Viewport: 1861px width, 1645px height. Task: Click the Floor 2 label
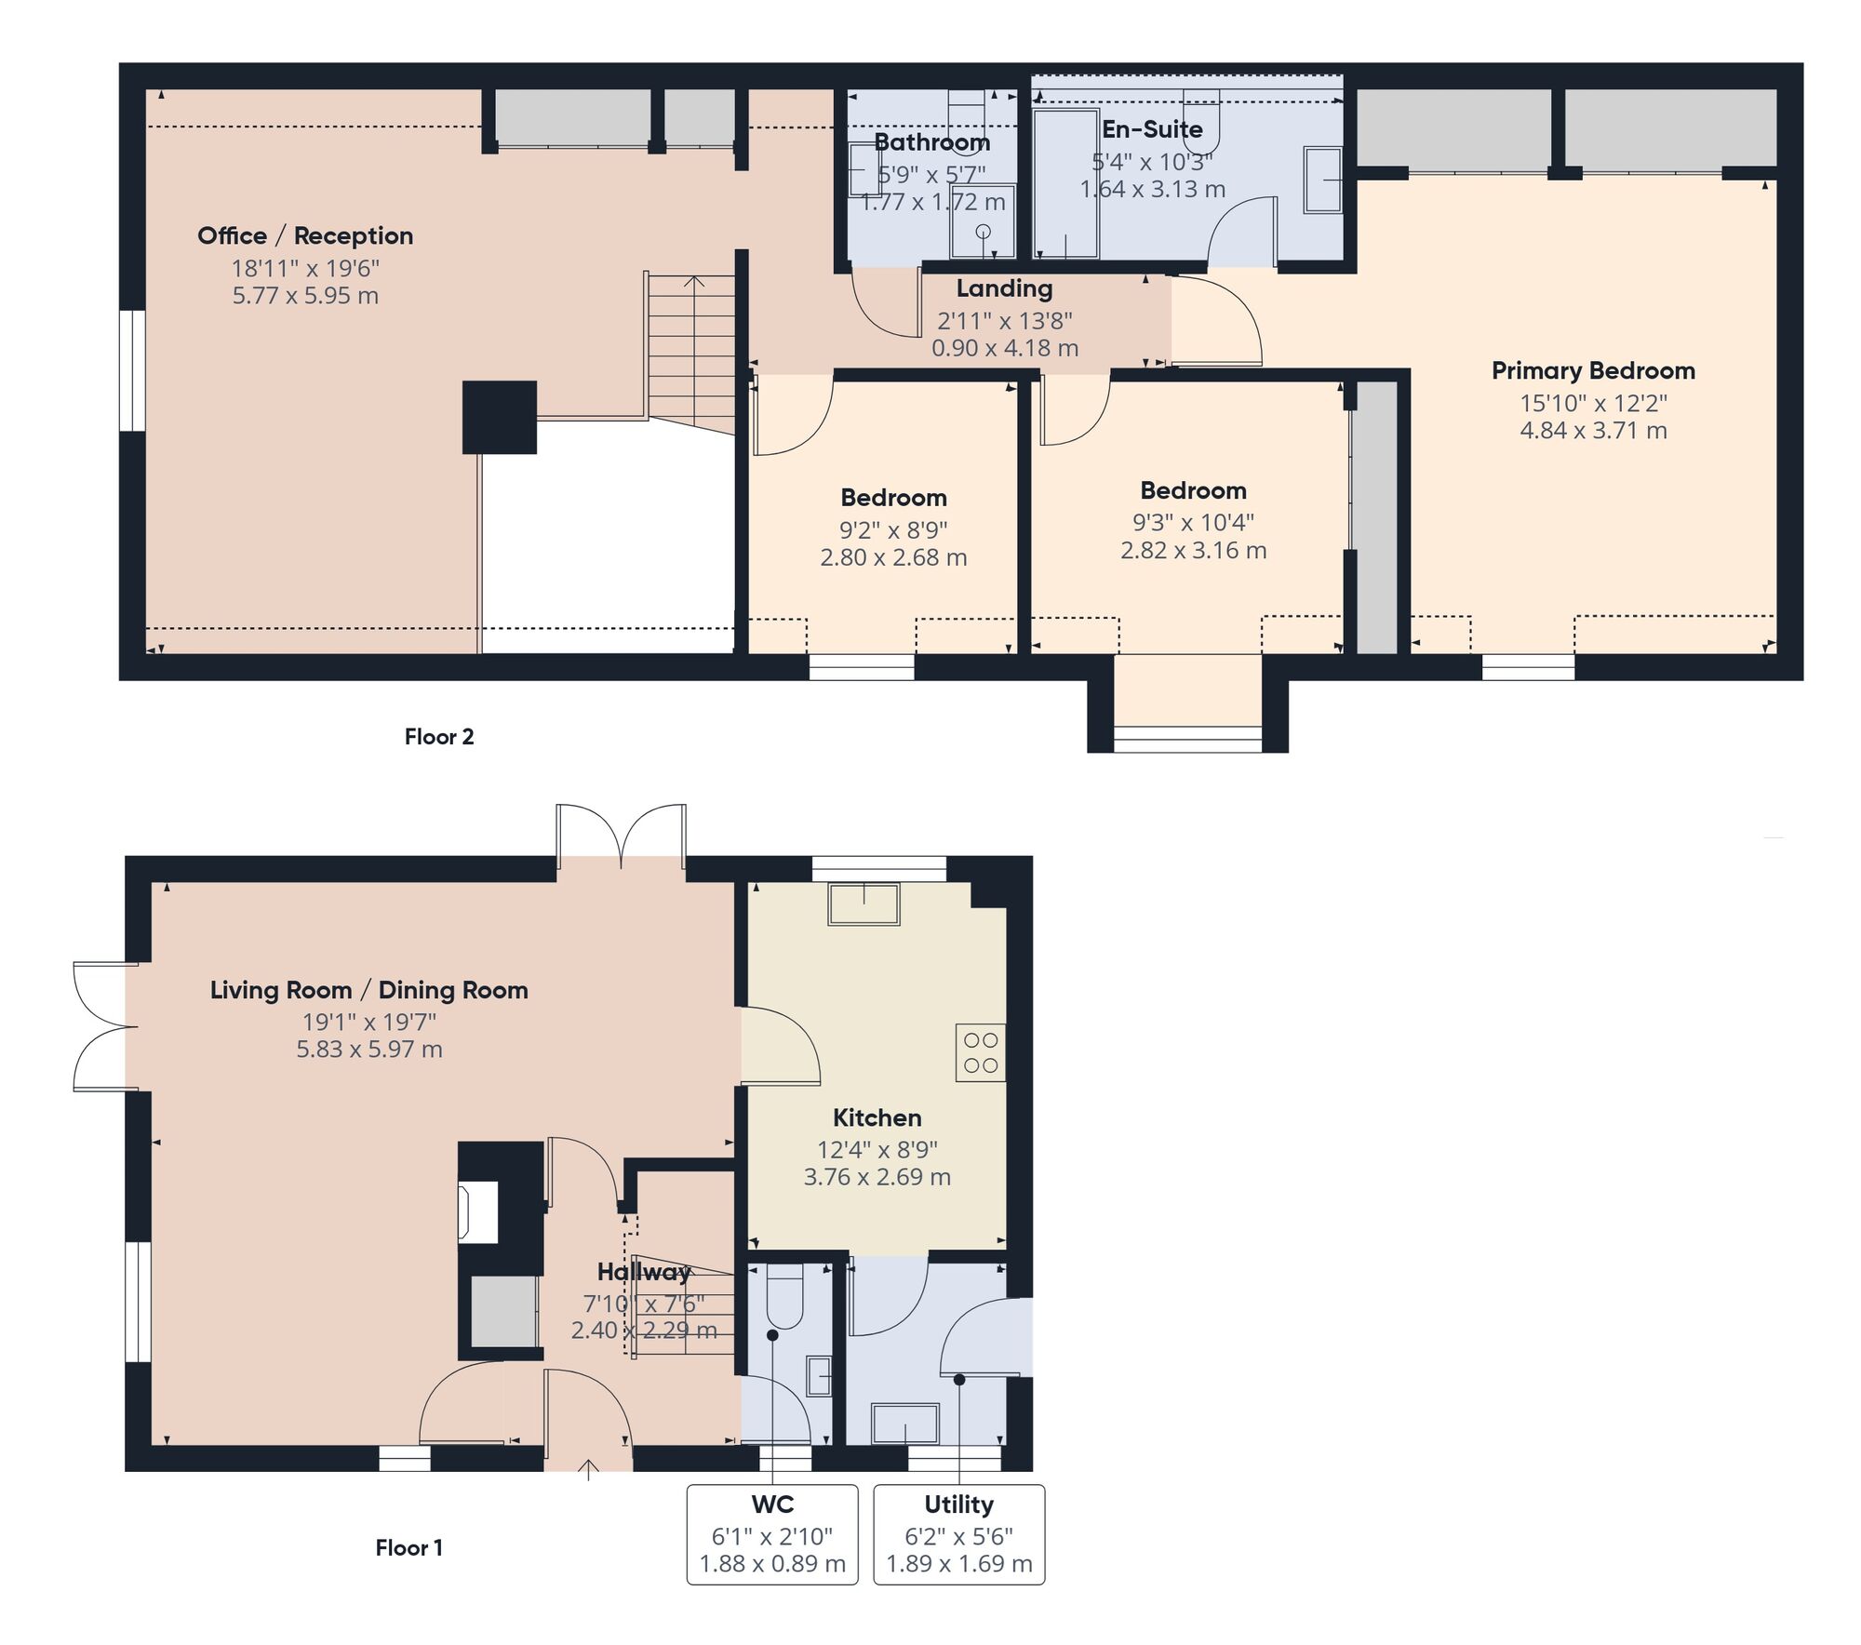(x=439, y=737)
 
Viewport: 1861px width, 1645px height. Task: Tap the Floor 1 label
(x=408, y=1547)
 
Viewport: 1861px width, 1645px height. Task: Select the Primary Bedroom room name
(x=1592, y=370)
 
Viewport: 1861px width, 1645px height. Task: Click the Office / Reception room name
(x=305, y=235)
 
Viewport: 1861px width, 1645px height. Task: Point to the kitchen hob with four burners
(x=981, y=1052)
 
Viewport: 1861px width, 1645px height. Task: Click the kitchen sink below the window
(x=864, y=904)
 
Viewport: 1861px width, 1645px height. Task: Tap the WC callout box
(x=772, y=1533)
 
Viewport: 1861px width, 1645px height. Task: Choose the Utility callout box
(x=958, y=1533)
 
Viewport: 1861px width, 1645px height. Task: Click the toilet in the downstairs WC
(x=784, y=1297)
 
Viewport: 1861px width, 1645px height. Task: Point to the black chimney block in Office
(x=500, y=417)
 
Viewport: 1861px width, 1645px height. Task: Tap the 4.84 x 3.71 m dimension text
(x=1592, y=430)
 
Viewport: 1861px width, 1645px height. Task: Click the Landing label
(x=1004, y=288)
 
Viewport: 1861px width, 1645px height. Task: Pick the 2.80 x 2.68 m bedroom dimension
(x=893, y=557)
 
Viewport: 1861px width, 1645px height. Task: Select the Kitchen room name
(x=877, y=1117)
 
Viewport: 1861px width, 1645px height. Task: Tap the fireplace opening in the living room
(x=478, y=1211)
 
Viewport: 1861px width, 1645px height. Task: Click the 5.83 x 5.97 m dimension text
(x=369, y=1049)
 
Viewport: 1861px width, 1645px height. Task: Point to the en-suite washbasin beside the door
(x=1323, y=180)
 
